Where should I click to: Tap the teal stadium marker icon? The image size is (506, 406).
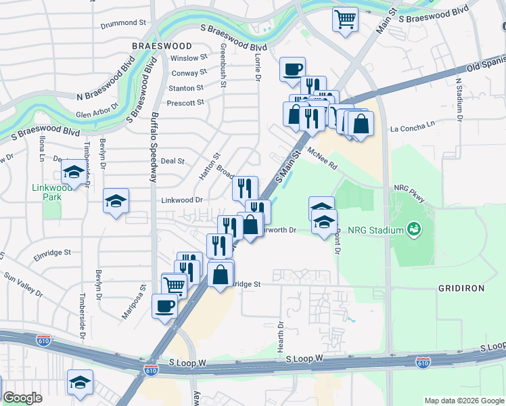point(412,230)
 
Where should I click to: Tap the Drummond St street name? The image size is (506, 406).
point(124,23)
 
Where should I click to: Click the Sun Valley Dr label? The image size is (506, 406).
point(23,285)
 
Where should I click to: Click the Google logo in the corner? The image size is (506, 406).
point(22,398)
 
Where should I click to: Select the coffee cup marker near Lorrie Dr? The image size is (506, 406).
point(292,68)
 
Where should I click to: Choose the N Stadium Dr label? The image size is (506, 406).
point(458,99)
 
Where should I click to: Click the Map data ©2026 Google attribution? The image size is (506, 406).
point(463,401)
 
